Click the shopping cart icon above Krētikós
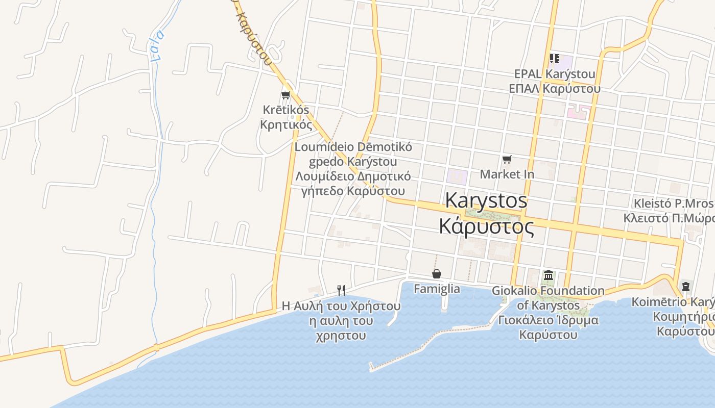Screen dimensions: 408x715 point(285,95)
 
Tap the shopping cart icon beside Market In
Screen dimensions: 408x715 point(507,160)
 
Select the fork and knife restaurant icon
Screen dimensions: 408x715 point(341,291)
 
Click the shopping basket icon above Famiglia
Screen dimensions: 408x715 point(437,274)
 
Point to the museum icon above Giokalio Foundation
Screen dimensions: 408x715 point(549,275)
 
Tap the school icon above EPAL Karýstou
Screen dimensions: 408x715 point(554,59)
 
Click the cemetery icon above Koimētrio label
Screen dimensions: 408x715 point(686,286)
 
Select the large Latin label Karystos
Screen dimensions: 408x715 point(486,200)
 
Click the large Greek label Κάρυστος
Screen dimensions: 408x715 point(487,226)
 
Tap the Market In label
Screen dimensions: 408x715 point(507,174)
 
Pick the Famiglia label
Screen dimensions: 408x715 point(437,289)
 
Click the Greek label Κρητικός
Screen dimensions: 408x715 point(286,124)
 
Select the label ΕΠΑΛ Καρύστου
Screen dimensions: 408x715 point(555,88)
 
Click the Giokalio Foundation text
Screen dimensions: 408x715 point(548,291)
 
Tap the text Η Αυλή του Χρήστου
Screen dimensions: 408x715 point(341,307)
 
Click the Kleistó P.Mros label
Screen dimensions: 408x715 point(673,204)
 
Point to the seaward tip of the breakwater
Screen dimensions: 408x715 point(371,366)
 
